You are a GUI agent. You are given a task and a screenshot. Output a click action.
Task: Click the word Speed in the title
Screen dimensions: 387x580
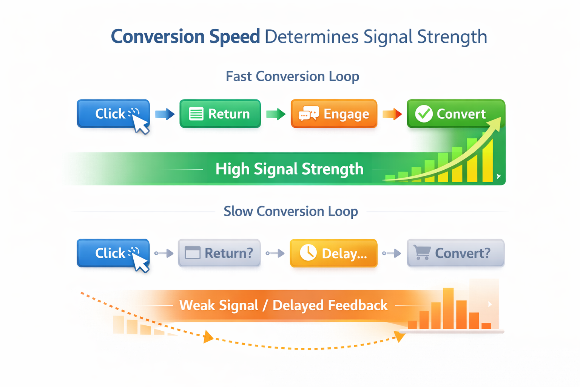tap(234, 37)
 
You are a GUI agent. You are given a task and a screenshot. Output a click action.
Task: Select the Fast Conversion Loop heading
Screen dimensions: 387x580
tap(292, 76)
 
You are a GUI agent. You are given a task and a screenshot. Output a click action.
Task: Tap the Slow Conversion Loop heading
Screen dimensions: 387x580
tap(290, 211)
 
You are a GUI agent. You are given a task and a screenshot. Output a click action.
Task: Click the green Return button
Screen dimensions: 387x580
tap(220, 114)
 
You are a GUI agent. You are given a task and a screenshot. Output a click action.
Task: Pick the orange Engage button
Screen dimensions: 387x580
tap(334, 114)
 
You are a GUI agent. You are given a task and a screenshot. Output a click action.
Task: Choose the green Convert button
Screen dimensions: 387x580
tap(455, 113)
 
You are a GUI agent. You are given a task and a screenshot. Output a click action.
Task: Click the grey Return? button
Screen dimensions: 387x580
tap(219, 253)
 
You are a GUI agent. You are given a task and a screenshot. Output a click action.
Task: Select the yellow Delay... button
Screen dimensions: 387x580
tap(333, 253)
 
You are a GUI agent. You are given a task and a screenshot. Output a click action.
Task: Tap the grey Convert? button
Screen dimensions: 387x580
tap(455, 253)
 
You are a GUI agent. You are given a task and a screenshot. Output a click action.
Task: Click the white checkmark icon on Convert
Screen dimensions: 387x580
tap(424, 114)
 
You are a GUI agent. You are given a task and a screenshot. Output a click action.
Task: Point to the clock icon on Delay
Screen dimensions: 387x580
tap(308, 253)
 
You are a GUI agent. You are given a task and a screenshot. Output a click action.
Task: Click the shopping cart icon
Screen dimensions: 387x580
tap(422, 252)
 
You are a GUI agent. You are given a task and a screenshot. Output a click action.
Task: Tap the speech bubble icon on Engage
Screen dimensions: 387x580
tap(309, 114)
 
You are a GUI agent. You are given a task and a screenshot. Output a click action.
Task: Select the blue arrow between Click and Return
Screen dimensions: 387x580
tap(165, 114)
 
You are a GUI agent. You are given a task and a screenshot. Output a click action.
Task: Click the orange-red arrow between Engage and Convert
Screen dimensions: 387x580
tap(392, 114)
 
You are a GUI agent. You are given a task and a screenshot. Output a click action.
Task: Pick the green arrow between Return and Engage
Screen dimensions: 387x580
tap(276, 114)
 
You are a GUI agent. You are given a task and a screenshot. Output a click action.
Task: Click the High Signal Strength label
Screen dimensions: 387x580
tap(289, 169)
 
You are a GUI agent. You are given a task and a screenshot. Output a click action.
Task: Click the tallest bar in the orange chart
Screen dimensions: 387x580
tap(448, 308)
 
